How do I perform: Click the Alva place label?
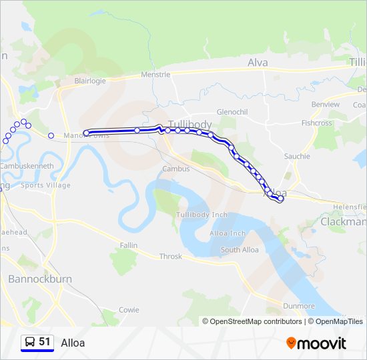pyautogui.click(x=258, y=63)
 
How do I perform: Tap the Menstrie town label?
pyautogui.click(x=155, y=75)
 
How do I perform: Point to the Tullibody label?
pyautogui.click(x=190, y=125)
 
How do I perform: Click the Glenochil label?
pyautogui.click(x=232, y=112)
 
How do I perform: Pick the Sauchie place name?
pyautogui.click(x=297, y=156)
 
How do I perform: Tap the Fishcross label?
pyautogui.click(x=316, y=123)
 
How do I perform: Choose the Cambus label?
pyautogui.click(x=176, y=169)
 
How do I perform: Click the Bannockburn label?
pyautogui.click(x=39, y=279)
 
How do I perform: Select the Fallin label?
pyautogui.click(x=129, y=245)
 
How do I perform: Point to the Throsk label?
pyautogui.click(x=170, y=257)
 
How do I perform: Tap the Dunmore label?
pyautogui.click(x=298, y=306)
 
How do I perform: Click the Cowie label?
pyautogui.click(x=129, y=310)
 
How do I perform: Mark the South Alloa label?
pyautogui.click(x=240, y=250)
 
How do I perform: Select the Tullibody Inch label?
pyautogui.click(x=202, y=215)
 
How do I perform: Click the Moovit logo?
pyautogui.click(x=316, y=343)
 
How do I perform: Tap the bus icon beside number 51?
pyautogui.click(x=30, y=342)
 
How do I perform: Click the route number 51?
pyautogui.click(x=45, y=342)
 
